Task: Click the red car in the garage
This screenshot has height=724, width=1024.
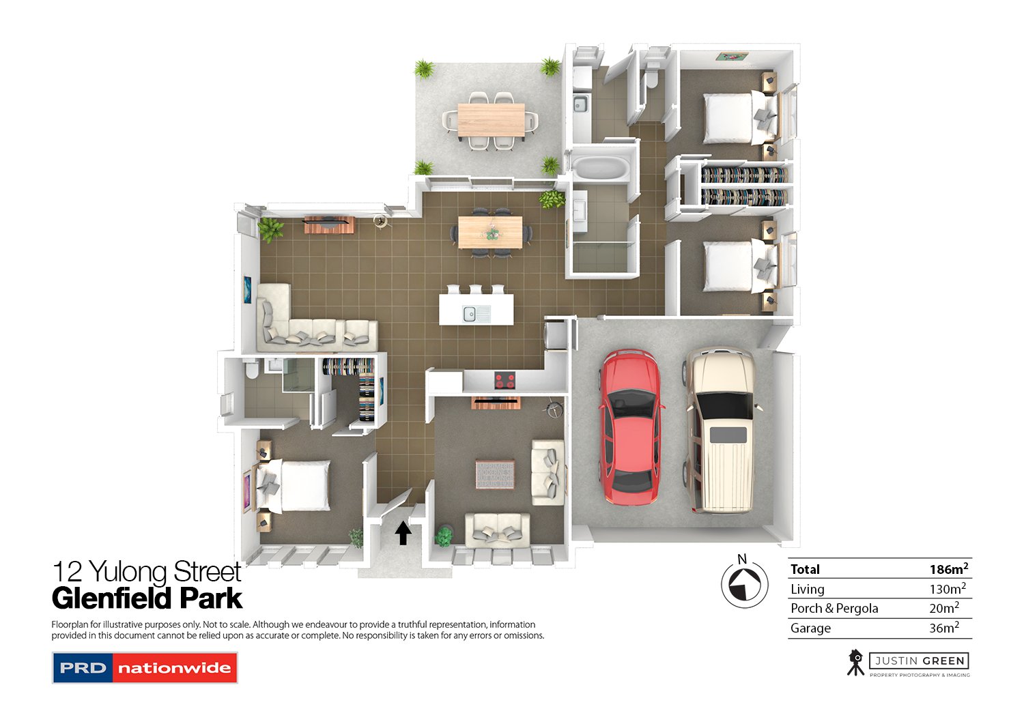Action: (630, 427)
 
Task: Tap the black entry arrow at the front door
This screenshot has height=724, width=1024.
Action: (403, 532)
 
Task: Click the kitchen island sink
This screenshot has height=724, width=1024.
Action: (470, 314)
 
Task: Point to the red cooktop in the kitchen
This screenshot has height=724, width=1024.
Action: (505, 381)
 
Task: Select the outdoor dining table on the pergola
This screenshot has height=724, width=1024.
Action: (491, 120)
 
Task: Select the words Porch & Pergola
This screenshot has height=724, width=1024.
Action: (834, 608)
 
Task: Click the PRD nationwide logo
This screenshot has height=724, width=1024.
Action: (145, 668)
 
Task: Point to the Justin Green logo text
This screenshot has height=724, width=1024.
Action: (920, 661)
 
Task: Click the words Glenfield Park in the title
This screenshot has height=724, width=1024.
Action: (147, 598)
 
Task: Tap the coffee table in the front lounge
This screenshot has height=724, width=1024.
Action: (495, 474)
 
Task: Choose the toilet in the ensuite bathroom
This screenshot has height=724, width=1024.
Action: (251, 370)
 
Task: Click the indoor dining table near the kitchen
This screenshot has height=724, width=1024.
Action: (490, 232)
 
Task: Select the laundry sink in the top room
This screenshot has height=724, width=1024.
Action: (580, 104)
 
